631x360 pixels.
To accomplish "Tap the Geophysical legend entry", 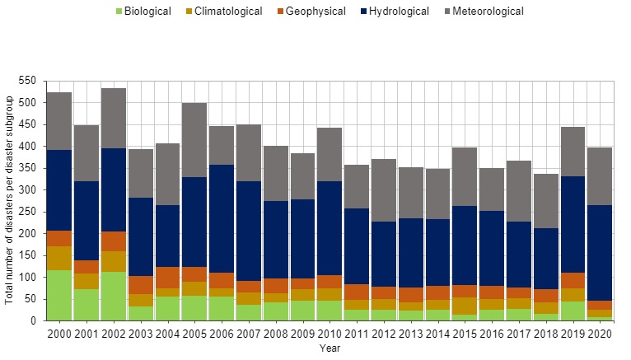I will (x=314, y=12).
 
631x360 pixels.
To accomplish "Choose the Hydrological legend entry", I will (x=400, y=12).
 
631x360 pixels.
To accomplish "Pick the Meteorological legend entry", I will (x=488, y=12).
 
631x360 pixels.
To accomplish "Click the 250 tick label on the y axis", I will (x=29, y=212).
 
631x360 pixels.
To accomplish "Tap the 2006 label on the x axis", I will (x=222, y=334).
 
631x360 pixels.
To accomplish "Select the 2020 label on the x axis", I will (x=601, y=334).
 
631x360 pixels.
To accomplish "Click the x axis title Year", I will (x=330, y=348).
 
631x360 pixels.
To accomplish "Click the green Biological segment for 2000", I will (x=59, y=295).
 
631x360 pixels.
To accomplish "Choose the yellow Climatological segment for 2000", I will (x=59, y=258).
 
